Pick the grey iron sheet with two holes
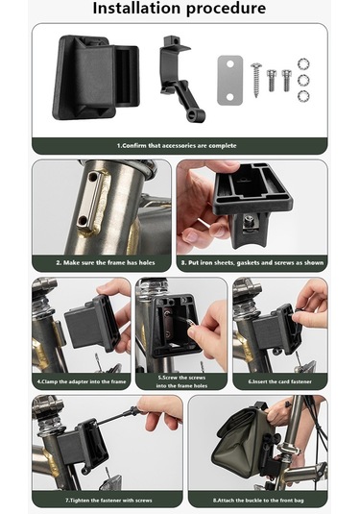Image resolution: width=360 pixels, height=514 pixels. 229,79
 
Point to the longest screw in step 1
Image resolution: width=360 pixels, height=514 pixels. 257,77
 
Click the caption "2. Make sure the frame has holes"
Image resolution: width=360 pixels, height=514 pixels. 100,262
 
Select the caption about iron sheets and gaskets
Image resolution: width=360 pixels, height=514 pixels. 252,262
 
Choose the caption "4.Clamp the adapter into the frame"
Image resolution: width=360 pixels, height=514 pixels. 81,381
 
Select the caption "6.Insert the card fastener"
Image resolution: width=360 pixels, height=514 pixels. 279,381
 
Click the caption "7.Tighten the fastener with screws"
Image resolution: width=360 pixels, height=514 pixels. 107,500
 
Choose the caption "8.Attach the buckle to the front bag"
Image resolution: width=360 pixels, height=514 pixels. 256,500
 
